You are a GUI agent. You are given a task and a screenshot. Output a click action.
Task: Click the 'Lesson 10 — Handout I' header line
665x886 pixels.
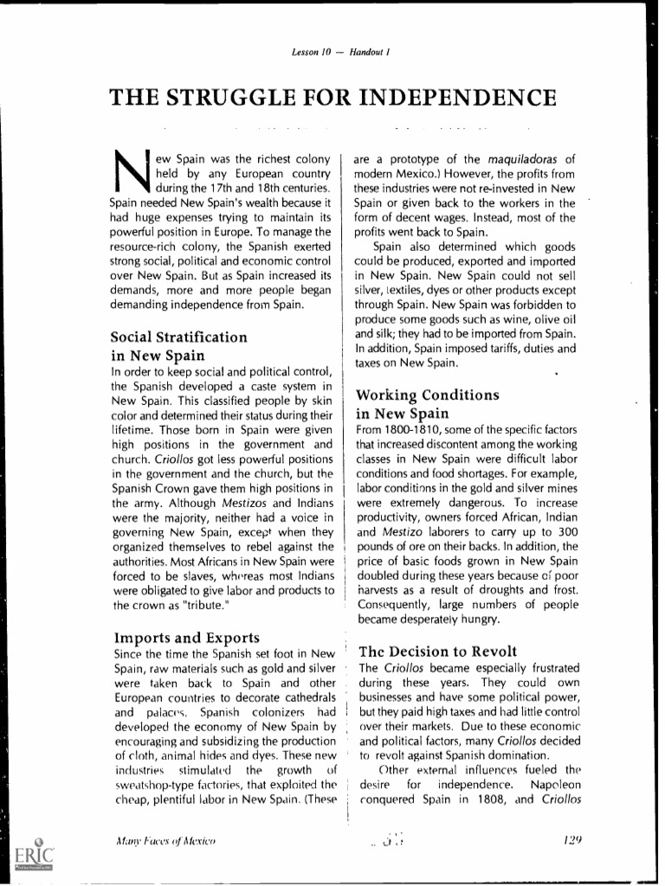(332, 54)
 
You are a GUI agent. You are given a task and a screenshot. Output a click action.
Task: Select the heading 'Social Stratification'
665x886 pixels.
(179, 337)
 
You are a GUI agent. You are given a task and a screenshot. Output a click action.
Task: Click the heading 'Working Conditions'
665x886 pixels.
(428, 395)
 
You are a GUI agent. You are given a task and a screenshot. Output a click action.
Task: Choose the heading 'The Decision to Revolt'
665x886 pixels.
(437, 651)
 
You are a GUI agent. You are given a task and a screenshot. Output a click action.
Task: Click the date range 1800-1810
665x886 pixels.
(410, 429)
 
